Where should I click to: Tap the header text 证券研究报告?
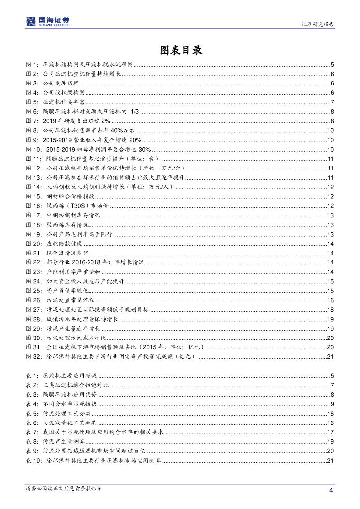point(318,24)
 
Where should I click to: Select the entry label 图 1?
point(32,65)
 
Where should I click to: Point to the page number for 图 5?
point(332,102)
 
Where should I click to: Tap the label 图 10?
point(33,149)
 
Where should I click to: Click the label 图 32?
point(33,357)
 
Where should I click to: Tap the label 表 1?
point(32,376)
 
